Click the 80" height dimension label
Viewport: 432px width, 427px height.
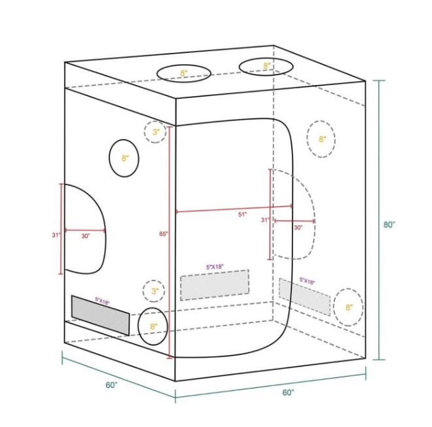[x=389, y=225]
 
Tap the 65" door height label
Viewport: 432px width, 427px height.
[x=164, y=233]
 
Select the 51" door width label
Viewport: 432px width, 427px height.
[x=242, y=214]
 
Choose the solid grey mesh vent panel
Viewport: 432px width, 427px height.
[x=100, y=315]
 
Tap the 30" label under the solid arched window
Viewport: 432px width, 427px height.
[x=85, y=236]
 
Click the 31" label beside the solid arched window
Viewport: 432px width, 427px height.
[x=56, y=235]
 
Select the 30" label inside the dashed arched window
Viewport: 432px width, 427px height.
[x=298, y=228]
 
